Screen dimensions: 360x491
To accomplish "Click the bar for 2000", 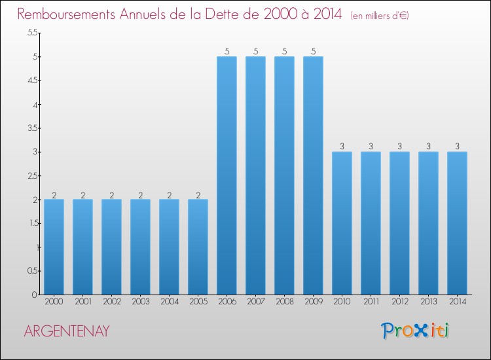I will pyautogui.click(x=54, y=247).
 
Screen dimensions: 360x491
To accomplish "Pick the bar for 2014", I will pyautogui.click(x=457, y=223).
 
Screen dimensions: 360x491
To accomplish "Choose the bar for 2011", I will pyautogui.click(x=371, y=223).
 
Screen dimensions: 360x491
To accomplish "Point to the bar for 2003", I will pyautogui.click(x=140, y=247).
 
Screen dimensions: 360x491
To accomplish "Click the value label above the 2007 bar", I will pyautogui.click(x=255, y=51).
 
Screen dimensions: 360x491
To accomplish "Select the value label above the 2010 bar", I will pyautogui.click(x=342, y=147).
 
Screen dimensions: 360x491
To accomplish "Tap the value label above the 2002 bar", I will pyautogui.click(x=111, y=194).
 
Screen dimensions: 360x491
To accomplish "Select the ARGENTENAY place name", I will pyautogui.click(x=66, y=331).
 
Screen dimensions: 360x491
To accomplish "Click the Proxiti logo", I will pyautogui.click(x=416, y=331).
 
